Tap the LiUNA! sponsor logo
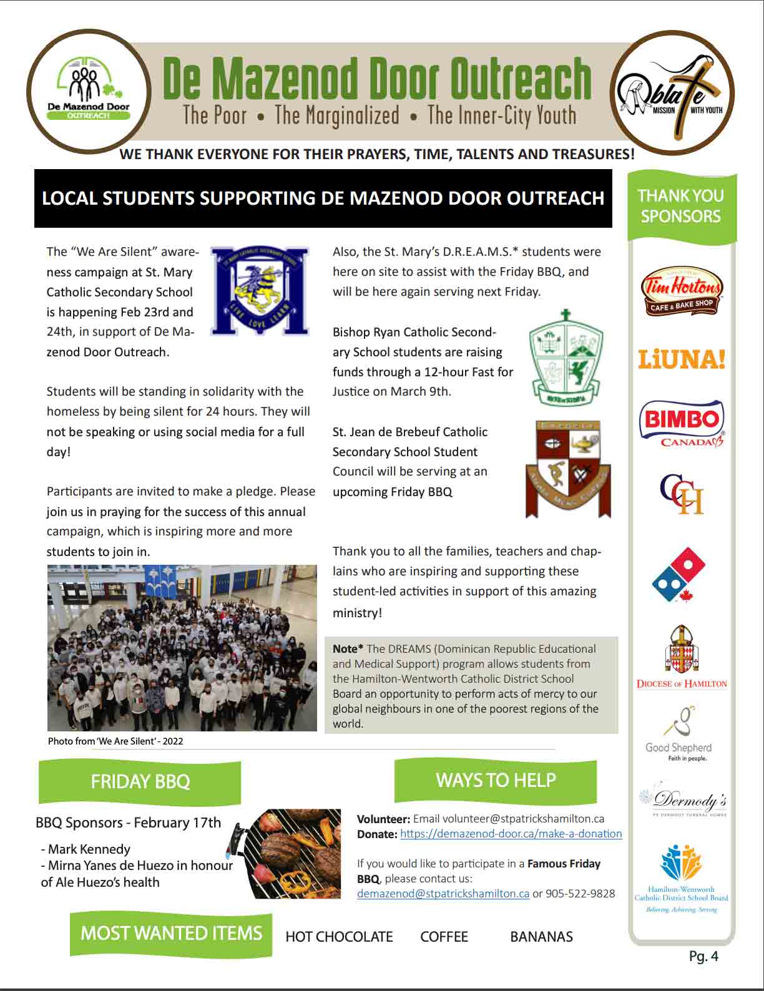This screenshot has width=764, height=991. click(x=681, y=359)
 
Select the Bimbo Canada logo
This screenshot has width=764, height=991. click(x=681, y=423)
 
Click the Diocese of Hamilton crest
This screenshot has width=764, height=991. click(x=682, y=656)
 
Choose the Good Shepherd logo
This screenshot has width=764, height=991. click(x=679, y=734)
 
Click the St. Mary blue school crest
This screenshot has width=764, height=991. click(x=260, y=291)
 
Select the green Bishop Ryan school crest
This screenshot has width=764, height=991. click(x=566, y=356)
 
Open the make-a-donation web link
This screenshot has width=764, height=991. click(x=511, y=834)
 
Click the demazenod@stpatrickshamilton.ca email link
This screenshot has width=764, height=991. click(x=443, y=894)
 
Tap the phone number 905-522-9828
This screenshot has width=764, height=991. click(x=580, y=894)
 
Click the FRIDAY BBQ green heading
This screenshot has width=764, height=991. click(x=140, y=781)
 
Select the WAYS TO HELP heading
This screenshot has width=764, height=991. click(x=496, y=780)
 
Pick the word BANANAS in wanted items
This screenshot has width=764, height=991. click(x=541, y=937)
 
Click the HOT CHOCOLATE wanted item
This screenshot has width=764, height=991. click(x=339, y=937)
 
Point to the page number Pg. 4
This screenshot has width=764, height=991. click(x=703, y=956)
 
